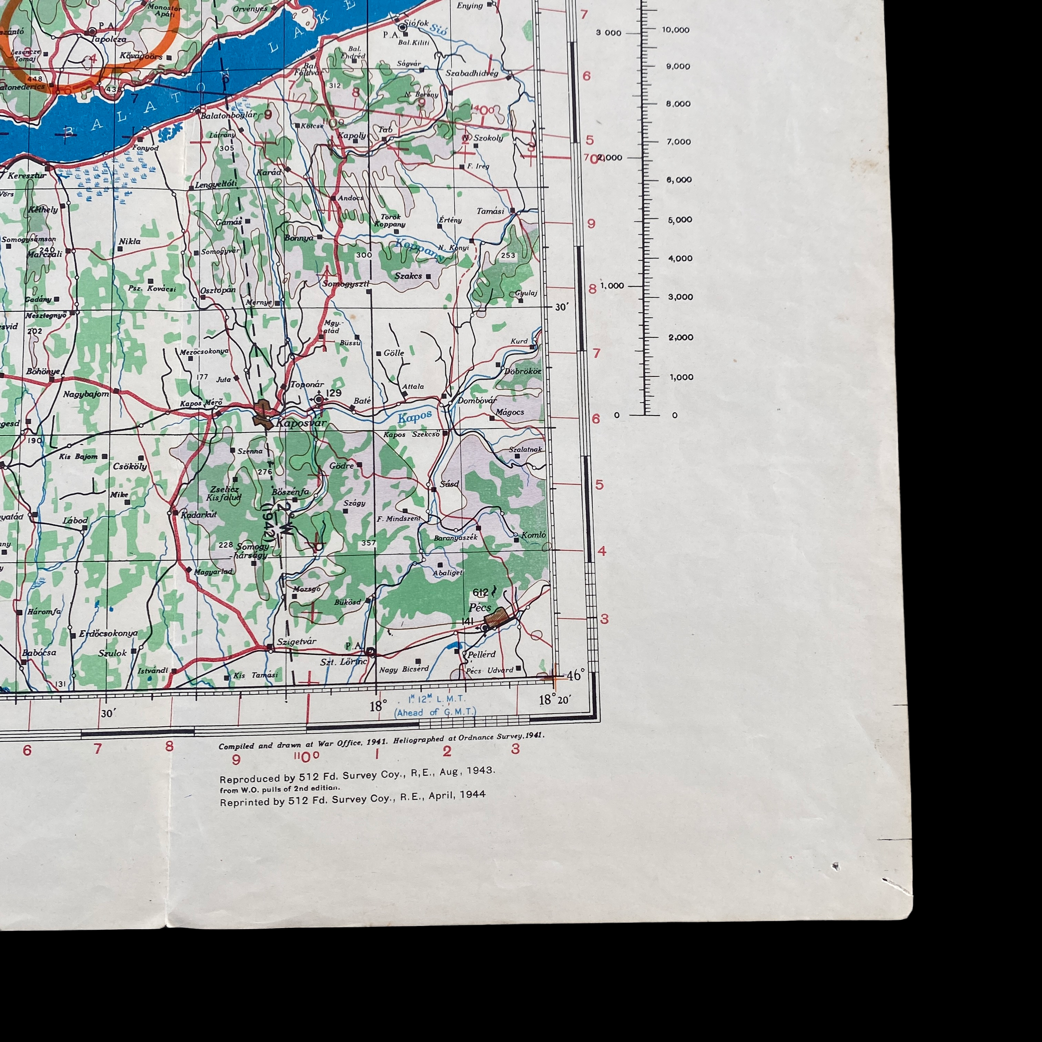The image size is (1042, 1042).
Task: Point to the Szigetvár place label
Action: coord(296,641)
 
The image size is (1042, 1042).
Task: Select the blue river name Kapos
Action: coord(415,416)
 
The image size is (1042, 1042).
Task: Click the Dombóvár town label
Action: coord(477,401)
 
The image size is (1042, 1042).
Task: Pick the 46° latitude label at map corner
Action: coord(575,675)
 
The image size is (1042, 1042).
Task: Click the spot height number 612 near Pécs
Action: coord(480,593)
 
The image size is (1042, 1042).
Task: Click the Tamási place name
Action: coord(490,211)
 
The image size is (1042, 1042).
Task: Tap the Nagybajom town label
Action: coord(86,394)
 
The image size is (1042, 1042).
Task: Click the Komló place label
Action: coord(534,534)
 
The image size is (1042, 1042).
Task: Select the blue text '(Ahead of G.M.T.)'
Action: coord(435,712)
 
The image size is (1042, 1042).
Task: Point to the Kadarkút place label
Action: coord(198,514)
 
